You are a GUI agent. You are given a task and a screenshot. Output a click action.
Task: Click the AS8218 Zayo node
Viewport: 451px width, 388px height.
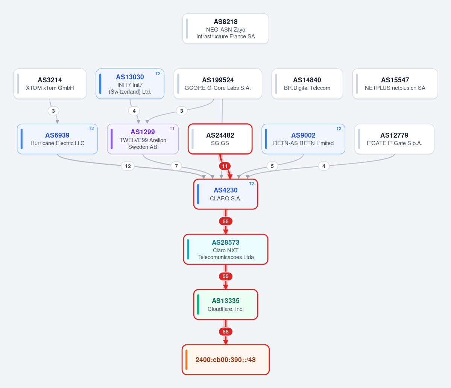226,29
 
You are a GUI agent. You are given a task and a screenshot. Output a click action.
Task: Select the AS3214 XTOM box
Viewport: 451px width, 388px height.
50,83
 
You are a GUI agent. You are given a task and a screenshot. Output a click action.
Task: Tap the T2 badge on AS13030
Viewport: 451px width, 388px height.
158,74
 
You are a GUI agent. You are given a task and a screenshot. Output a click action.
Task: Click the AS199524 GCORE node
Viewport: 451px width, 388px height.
218,83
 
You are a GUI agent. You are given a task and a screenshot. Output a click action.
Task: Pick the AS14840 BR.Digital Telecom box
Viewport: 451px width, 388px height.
307,83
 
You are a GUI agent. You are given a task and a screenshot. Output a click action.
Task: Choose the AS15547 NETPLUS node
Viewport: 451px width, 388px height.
395,83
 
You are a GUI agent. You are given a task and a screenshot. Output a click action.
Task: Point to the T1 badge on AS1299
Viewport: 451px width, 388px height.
172,129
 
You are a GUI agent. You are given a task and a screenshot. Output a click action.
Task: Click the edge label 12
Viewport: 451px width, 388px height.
128,166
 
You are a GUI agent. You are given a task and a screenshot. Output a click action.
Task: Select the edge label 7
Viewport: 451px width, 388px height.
176,166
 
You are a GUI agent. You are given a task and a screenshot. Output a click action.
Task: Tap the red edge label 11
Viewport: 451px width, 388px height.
225,166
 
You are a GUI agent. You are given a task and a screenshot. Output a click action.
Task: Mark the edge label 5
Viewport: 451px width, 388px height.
272,166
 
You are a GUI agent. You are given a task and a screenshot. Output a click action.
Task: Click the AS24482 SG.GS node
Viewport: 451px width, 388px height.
220,139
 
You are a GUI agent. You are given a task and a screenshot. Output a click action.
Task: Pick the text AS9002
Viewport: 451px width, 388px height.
303,135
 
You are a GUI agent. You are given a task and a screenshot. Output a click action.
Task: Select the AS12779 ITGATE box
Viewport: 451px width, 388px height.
394,139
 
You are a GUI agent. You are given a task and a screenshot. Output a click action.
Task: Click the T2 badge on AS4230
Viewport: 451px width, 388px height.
251,183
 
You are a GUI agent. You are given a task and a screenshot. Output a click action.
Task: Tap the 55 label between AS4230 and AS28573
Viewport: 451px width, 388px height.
226,221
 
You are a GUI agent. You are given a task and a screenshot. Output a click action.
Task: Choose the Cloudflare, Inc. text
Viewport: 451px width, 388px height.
226,309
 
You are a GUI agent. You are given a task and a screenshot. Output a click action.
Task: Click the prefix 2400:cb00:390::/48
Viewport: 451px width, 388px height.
226,359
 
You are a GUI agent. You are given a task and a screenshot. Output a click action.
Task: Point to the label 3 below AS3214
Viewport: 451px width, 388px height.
53,111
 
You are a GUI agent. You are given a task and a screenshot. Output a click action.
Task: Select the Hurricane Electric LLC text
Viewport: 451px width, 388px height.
58,143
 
